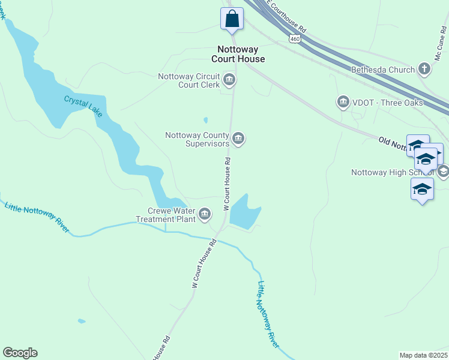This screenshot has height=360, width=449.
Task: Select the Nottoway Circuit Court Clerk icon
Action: (x=229, y=79)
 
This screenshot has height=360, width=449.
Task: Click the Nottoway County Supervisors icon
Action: (x=238, y=139)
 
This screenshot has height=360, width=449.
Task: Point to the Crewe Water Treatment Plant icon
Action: (x=205, y=214)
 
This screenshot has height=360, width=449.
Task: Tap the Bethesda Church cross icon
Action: (x=424, y=69)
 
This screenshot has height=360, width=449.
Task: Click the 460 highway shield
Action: (x=294, y=38)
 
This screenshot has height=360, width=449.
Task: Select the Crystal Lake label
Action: (x=83, y=106)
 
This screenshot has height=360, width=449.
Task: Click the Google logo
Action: (x=20, y=353)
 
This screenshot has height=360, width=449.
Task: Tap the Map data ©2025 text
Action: (x=423, y=355)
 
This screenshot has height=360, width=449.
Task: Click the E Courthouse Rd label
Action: (x=286, y=15)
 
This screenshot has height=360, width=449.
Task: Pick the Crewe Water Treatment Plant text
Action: (x=172, y=215)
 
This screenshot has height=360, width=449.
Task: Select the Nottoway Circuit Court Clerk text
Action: (x=188, y=80)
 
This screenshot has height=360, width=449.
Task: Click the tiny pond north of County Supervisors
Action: (x=206, y=120)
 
